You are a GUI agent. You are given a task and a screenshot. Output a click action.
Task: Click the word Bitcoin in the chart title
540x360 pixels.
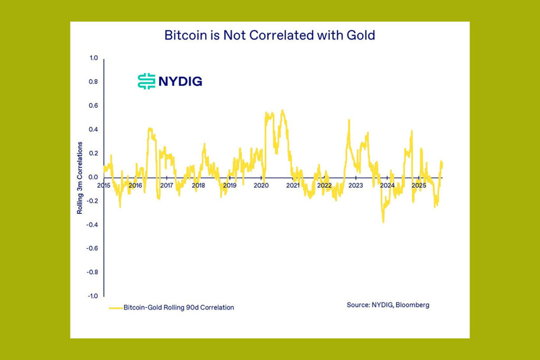click(182, 35)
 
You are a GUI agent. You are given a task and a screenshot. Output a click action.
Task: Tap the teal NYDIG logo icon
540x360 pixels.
click(146, 81)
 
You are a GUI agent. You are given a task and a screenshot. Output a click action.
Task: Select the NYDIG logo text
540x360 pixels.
click(180, 81)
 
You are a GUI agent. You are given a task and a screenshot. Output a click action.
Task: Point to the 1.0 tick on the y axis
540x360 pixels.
click(93, 58)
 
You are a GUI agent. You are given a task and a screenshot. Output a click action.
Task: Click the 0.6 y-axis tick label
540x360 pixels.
click(93, 105)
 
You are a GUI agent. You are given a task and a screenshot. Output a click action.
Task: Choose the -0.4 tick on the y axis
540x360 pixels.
click(92, 225)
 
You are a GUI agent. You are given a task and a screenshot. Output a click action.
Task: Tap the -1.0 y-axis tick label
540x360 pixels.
click(92, 296)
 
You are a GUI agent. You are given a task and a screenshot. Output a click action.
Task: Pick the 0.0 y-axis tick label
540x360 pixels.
click(93, 177)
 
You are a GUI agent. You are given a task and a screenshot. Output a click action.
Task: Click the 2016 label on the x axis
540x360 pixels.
click(135, 186)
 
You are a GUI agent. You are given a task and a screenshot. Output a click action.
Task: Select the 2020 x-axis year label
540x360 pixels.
click(261, 186)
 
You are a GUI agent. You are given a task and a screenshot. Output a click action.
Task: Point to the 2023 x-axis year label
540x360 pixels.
click(355, 186)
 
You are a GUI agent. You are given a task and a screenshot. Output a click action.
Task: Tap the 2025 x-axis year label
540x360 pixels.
click(419, 186)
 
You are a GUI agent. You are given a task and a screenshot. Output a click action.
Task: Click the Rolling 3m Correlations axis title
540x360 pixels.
click(81, 178)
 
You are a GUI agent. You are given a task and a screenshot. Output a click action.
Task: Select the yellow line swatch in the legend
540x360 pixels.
click(115, 307)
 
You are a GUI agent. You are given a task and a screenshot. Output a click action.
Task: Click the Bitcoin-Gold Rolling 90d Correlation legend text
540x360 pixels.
click(178, 307)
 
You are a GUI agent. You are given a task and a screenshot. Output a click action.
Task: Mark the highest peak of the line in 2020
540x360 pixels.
click(283, 110)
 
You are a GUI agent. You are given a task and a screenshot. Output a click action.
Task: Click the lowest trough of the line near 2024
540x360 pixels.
click(383, 222)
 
